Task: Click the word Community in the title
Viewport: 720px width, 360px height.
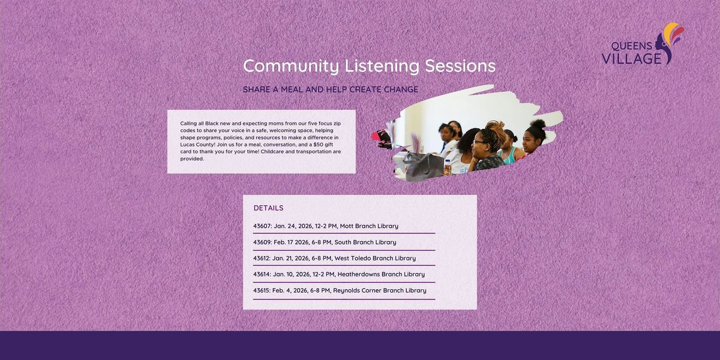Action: (x=291, y=66)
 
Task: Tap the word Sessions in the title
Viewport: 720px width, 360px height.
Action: (x=460, y=65)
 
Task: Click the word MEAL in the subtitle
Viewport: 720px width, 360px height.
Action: (x=292, y=89)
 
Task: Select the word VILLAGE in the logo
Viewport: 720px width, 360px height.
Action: (x=631, y=59)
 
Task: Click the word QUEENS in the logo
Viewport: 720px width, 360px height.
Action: (x=631, y=46)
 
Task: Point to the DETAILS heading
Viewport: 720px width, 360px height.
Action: (x=268, y=208)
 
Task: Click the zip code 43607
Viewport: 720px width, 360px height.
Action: (x=262, y=226)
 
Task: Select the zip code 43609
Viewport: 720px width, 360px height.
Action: (x=262, y=242)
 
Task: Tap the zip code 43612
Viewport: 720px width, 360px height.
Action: (x=262, y=258)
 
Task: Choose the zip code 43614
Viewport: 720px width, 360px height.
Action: (x=262, y=274)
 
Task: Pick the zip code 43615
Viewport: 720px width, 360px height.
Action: (x=262, y=290)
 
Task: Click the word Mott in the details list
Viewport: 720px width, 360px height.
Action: (x=347, y=226)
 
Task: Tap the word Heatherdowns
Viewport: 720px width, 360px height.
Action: (x=359, y=274)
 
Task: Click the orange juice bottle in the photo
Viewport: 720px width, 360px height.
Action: (x=448, y=168)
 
